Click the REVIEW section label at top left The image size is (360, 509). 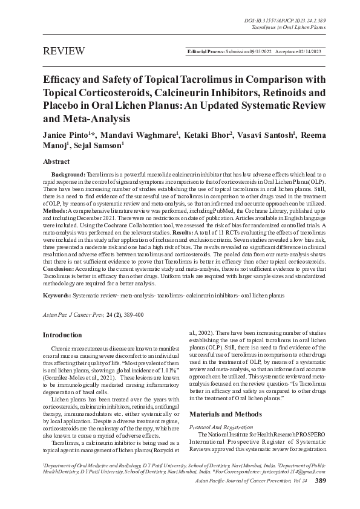[x=62, y=53]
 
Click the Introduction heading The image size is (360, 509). [x=62, y=335]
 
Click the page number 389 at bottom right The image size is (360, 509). [x=338, y=497]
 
